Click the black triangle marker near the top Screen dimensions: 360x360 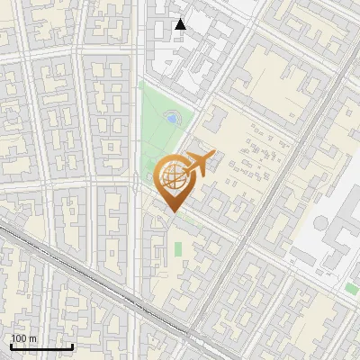pyautogui.click(x=180, y=24)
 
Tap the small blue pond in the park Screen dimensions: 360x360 pyautogui.click(x=171, y=118)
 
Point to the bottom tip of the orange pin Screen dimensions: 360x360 pyautogui.click(x=172, y=212)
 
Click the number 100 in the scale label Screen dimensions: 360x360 pyautogui.click(x=18, y=338)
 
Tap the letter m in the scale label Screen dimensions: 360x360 pyautogui.click(x=31, y=338)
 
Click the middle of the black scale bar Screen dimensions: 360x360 pyautogui.click(x=41, y=346)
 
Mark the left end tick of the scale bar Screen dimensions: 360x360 pyautogui.click(x=11, y=346)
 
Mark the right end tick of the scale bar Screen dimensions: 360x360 pyautogui.click(x=72, y=346)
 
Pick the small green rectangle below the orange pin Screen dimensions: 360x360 pyautogui.click(x=178, y=247)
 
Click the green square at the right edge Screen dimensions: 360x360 pyautogui.click(x=351, y=288)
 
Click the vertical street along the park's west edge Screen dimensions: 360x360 pyautogui.click(x=137, y=135)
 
